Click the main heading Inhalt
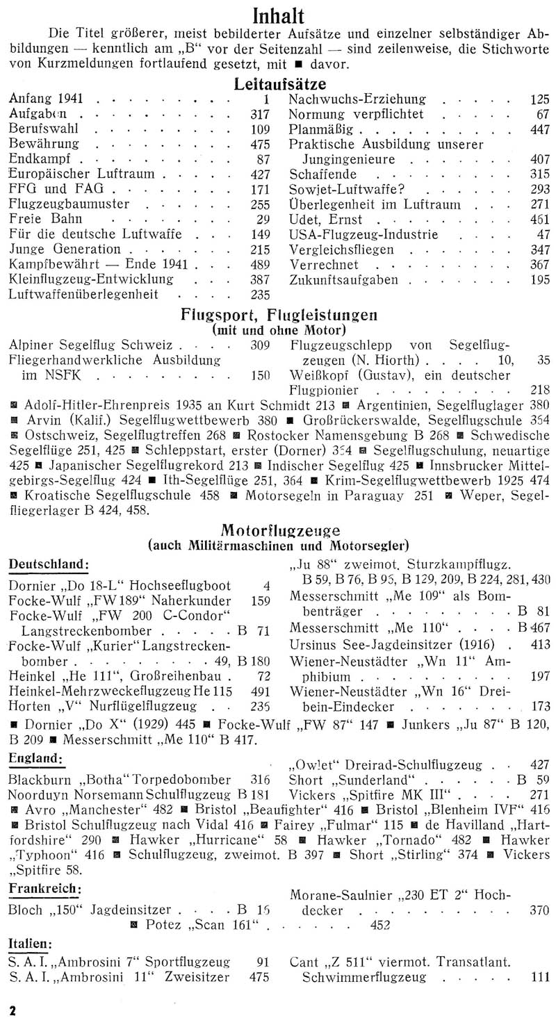(x=278, y=15)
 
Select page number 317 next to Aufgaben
(x=259, y=115)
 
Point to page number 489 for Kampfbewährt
(x=259, y=265)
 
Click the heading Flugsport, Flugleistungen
(x=278, y=314)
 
